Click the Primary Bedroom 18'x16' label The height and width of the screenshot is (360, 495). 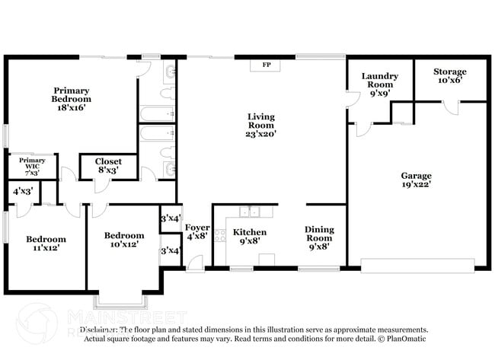point(71,99)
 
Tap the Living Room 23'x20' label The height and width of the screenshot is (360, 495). point(261,125)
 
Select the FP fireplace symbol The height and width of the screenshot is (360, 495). point(267,65)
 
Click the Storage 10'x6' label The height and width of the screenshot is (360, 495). point(449,75)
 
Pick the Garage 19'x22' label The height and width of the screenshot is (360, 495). point(417,180)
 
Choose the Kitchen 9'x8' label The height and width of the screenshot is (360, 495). point(249,236)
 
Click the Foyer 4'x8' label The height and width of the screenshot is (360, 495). point(196,231)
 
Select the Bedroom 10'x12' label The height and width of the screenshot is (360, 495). point(124,240)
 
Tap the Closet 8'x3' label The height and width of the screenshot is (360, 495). point(108,166)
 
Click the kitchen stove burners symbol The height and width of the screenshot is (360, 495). point(220,234)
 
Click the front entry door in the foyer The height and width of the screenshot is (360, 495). point(196,263)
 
